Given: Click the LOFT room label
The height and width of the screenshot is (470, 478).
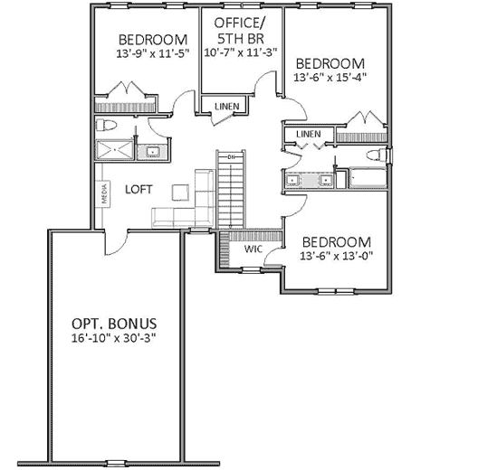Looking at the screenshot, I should [x=139, y=189].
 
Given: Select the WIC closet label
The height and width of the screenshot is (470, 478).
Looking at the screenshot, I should [x=253, y=249].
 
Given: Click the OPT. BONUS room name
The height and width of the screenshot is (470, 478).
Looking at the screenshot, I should [x=115, y=323].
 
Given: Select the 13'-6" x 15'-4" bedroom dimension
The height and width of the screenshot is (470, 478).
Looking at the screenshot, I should [x=330, y=80].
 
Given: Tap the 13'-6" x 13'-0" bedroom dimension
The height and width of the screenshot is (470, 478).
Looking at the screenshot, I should [x=337, y=257].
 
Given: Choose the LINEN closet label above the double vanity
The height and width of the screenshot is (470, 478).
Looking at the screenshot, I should [x=309, y=135].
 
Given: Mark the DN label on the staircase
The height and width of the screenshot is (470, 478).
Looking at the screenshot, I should [x=231, y=158].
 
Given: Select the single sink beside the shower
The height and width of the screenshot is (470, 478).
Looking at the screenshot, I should [x=152, y=150].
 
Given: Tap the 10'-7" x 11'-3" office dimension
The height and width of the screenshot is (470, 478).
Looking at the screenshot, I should [x=240, y=52].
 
